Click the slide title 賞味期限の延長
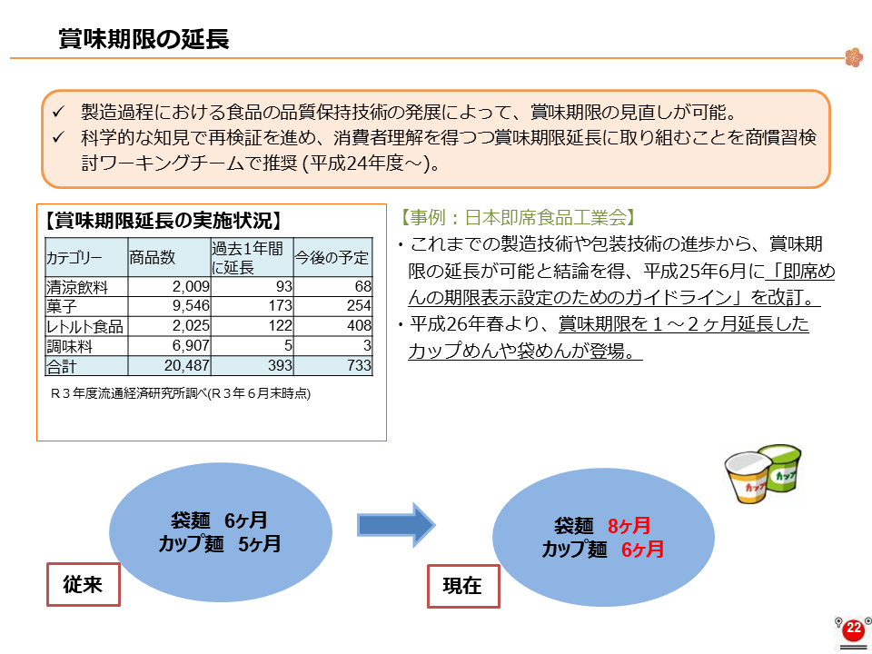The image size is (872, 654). click(144, 39)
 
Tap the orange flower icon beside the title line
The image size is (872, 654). click(854, 57)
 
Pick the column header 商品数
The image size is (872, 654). click(153, 257)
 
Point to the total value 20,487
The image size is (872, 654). click(187, 365)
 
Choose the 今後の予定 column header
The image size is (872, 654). click(332, 257)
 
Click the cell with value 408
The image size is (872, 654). click(359, 325)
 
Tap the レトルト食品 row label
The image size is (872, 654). click(84, 326)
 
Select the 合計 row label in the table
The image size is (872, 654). click(61, 366)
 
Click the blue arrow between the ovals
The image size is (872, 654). click(396, 524)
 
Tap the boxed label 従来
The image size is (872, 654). click(84, 584)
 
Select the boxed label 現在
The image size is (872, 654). click(463, 586)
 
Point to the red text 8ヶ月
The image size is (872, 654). click(629, 526)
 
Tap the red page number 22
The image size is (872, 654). click(853, 629)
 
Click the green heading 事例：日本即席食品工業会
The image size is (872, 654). click(517, 217)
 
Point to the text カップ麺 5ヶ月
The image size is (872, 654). click(220, 543)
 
